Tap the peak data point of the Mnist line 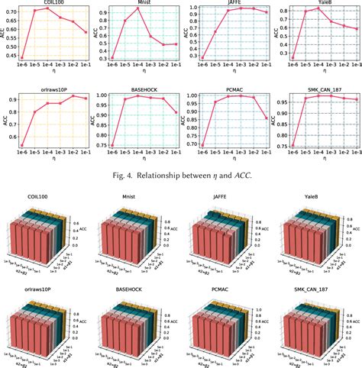tap(138, 8)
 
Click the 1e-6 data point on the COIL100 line tap(22, 58)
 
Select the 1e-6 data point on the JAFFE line tap(202, 58)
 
